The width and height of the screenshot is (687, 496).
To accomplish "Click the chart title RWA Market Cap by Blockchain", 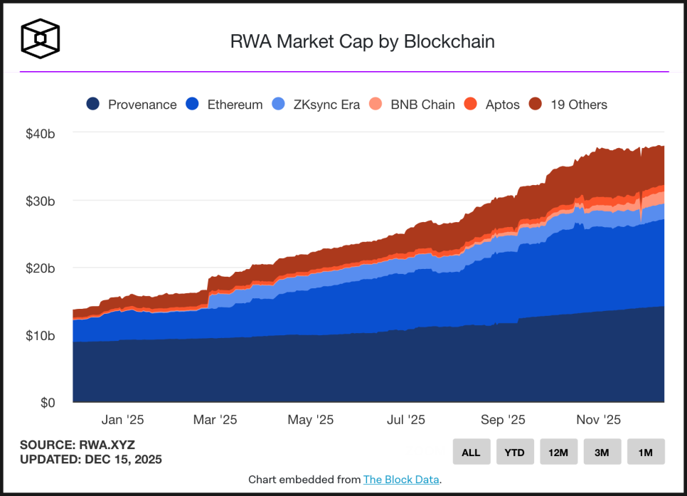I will click(362, 41).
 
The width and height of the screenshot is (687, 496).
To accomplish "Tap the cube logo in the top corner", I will click(41, 38).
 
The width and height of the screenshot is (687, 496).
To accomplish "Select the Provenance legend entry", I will click(132, 105).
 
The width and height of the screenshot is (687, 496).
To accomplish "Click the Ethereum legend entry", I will click(224, 105).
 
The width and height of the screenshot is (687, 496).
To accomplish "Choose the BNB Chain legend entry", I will click(412, 105).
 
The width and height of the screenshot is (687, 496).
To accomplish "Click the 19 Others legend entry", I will click(568, 105).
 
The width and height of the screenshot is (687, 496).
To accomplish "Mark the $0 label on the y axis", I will click(47, 403).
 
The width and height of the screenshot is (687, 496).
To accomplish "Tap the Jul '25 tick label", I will click(406, 420).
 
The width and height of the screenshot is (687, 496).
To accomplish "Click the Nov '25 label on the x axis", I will click(597, 420).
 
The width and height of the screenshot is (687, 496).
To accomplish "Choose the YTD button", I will click(515, 452).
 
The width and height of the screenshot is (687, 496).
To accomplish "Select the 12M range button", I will click(558, 452).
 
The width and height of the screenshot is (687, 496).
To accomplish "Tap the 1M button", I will click(646, 452).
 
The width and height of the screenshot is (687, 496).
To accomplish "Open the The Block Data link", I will click(401, 480).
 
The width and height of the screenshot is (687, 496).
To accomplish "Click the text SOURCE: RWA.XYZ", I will click(77, 445).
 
